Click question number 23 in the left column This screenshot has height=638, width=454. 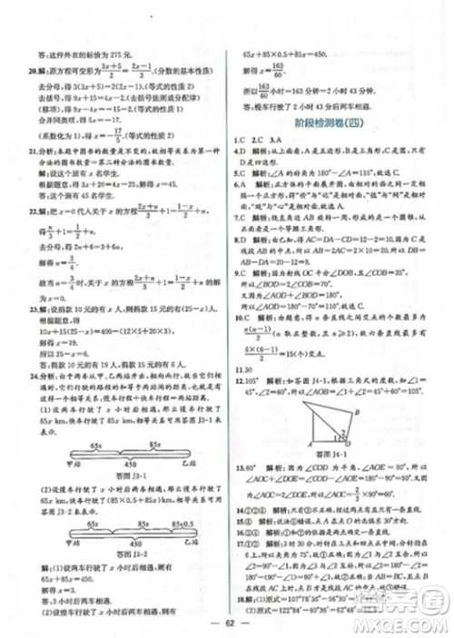[34, 309]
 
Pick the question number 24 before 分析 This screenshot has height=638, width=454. [34, 372]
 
